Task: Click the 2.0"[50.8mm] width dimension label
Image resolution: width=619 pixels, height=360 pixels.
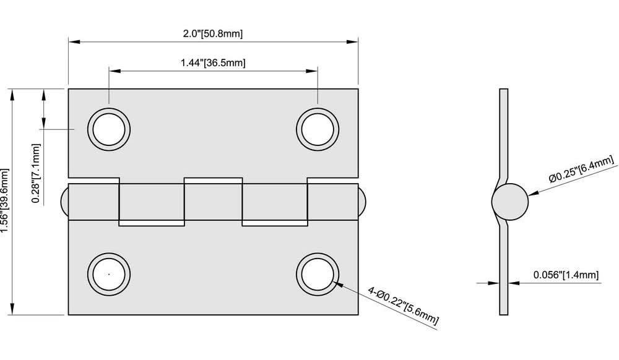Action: pyautogui.click(x=212, y=33)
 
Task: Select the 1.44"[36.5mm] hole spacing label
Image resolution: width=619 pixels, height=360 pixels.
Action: pyautogui.click(x=213, y=62)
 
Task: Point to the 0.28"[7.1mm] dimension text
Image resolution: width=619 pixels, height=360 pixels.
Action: pyautogui.click(x=37, y=173)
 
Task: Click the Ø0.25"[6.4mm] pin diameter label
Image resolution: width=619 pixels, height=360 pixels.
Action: pyautogui.click(x=582, y=169)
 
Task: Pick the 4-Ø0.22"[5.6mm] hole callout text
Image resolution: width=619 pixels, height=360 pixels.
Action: pyautogui.click(x=403, y=306)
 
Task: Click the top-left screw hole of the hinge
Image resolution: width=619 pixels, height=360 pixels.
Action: pyautogui.click(x=109, y=130)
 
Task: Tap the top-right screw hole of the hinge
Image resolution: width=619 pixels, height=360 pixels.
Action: pyautogui.click(x=318, y=130)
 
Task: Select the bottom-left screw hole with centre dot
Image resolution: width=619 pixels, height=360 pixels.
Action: pyautogui.click(x=109, y=273)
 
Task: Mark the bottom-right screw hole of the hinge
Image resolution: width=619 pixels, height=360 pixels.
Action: pyautogui.click(x=318, y=273)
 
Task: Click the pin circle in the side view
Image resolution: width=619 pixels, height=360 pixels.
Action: pyautogui.click(x=510, y=202)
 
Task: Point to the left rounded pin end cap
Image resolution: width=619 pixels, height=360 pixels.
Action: pyautogui.click(x=64, y=202)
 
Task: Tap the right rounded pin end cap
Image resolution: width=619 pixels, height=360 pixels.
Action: pyautogui.click(x=361, y=202)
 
